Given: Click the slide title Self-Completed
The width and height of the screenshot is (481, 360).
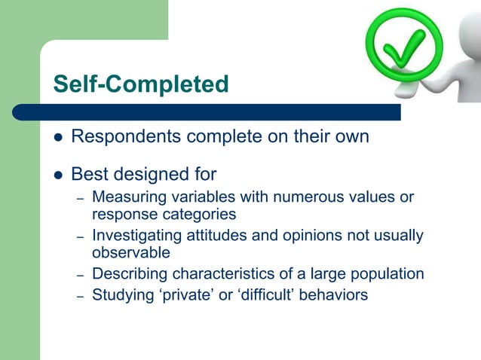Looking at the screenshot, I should tap(140, 84).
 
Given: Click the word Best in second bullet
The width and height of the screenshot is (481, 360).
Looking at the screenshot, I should tap(88, 175).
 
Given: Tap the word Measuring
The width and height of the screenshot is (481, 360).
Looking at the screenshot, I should tap(127, 197).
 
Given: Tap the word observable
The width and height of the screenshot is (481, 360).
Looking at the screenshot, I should tap(131, 253).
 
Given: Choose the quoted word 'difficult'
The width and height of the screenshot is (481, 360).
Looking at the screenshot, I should tap(261, 294).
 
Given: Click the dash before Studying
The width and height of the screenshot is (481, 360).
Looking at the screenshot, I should tap(79, 296).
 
